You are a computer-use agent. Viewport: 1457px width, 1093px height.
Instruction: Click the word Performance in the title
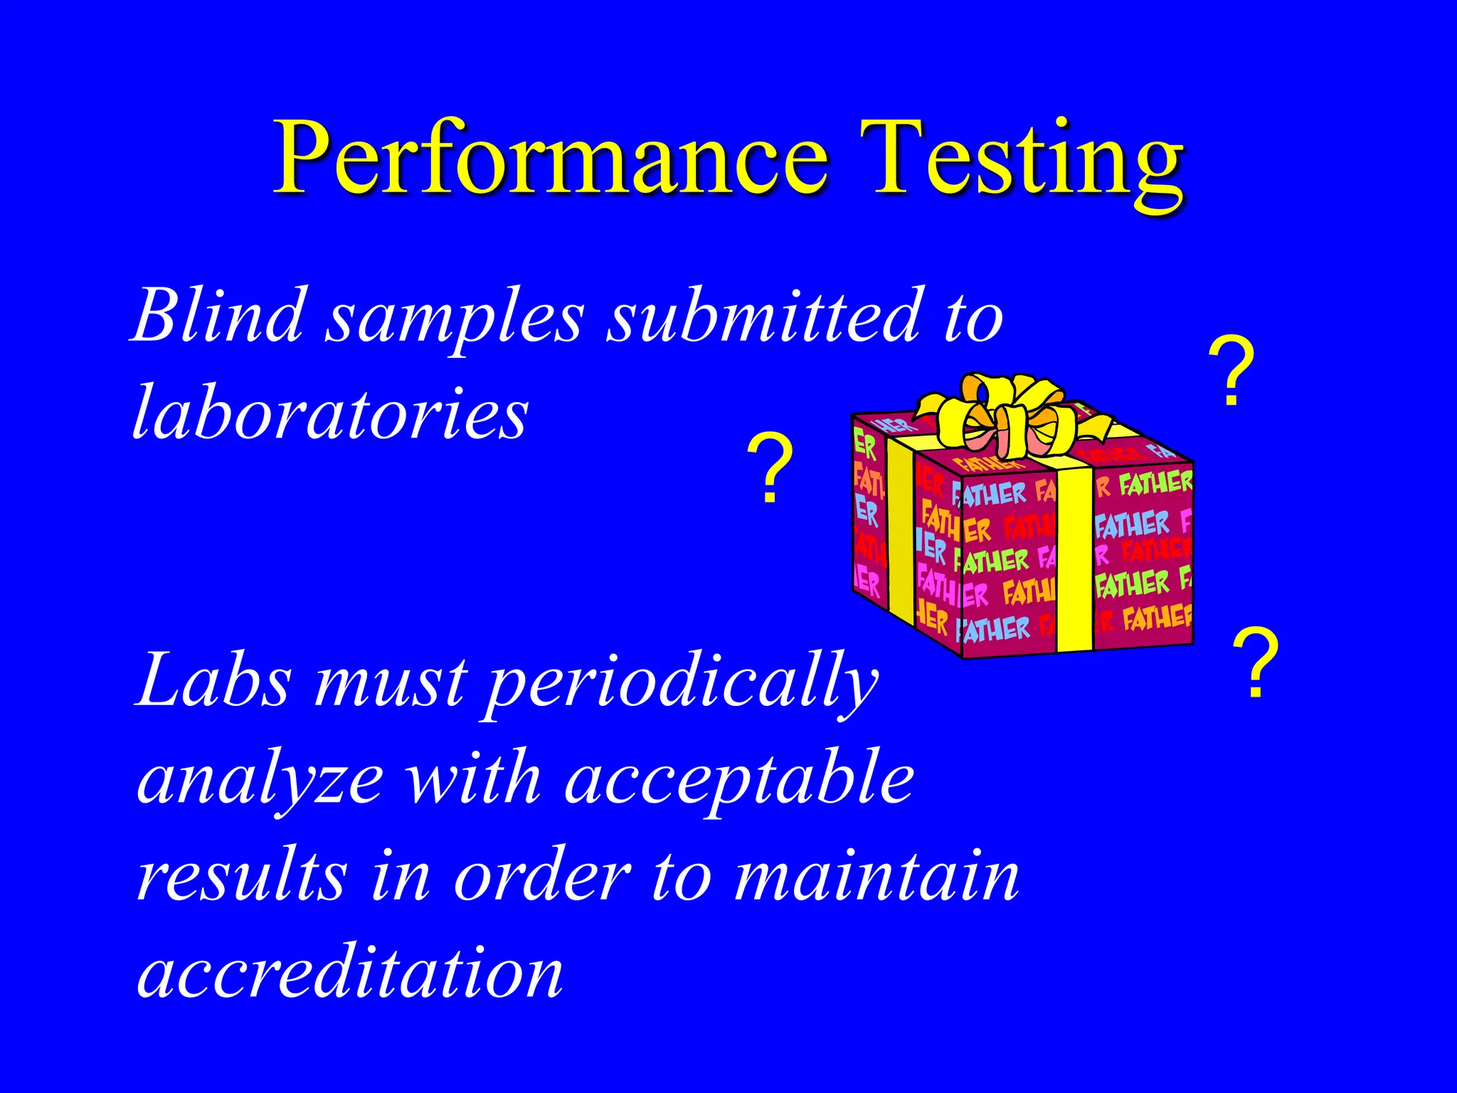551,158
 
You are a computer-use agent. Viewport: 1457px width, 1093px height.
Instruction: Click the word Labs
213,680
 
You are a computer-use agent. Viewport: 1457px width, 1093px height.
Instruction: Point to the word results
242,877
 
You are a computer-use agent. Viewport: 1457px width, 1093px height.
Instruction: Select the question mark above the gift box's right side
1231,371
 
